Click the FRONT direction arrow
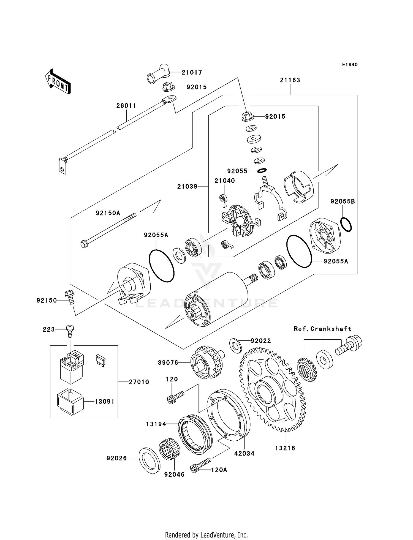(x=58, y=82)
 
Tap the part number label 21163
(x=290, y=80)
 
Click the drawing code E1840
(x=350, y=65)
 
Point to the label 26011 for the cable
(x=126, y=106)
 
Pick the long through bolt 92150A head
(x=84, y=244)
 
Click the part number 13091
(x=104, y=402)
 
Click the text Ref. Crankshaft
(x=322, y=329)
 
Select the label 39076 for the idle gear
(x=168, y=363)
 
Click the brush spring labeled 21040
(x=224, y=200)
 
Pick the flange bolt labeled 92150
(x=70, y=297)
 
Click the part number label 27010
(x=139, y=382)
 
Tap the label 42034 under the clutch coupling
(x=244, y=453)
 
